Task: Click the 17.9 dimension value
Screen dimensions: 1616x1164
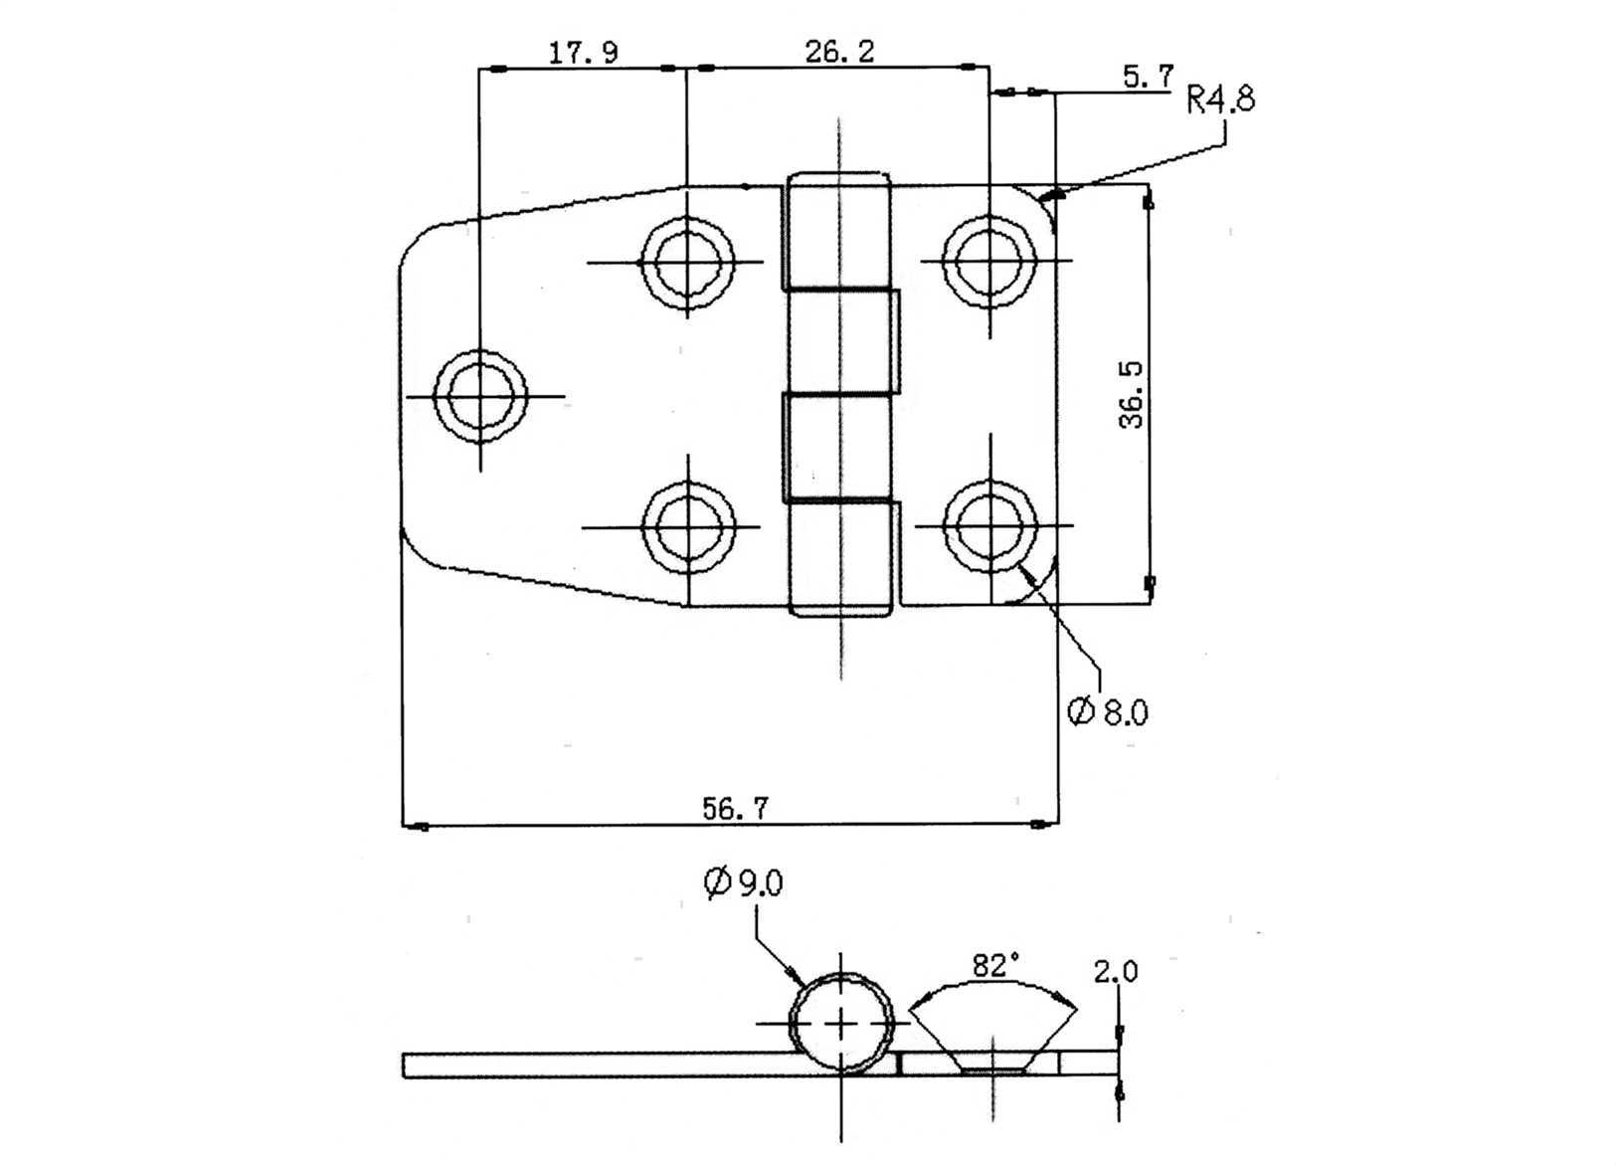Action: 584,53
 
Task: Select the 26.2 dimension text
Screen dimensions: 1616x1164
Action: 839,52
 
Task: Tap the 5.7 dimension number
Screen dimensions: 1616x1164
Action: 1149,77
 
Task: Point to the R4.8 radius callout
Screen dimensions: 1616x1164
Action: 1220,99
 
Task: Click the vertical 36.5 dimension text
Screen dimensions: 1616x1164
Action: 1131,395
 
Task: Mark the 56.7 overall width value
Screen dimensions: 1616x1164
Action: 736,808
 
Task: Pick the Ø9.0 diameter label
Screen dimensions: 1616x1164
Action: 743,883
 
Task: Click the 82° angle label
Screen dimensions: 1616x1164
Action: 995,966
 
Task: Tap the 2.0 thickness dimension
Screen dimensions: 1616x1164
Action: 1116,972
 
